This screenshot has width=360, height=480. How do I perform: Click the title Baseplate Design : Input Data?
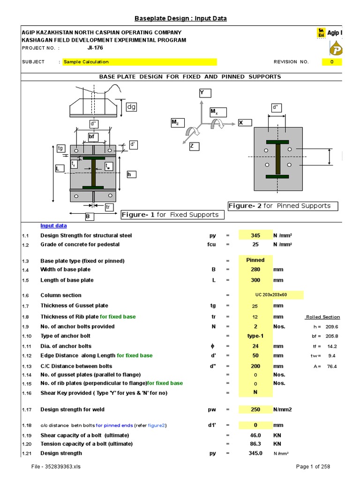point(180,18)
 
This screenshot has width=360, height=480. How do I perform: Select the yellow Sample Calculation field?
point(140,62)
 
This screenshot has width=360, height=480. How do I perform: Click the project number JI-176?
point(95,48)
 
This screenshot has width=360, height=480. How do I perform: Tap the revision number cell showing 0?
point(332,62)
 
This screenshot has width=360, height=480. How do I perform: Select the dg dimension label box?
point(131,107)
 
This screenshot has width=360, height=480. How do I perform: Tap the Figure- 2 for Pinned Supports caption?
point(283,206)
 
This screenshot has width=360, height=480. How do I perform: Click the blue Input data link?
point(53,225)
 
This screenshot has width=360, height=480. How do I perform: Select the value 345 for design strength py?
point(255,235)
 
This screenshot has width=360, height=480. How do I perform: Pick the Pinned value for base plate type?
point(255,260)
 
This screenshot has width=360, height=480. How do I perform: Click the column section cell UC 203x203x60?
point(271,295)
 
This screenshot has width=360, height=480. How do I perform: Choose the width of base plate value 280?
point(255,270)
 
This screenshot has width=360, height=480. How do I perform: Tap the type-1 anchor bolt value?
point(255,336)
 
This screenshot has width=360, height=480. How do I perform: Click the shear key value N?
point(255,393)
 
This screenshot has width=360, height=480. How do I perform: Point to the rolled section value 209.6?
point(332,327)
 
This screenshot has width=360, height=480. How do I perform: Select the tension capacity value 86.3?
point(255,443)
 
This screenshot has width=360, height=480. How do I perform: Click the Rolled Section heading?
point(322,317)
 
